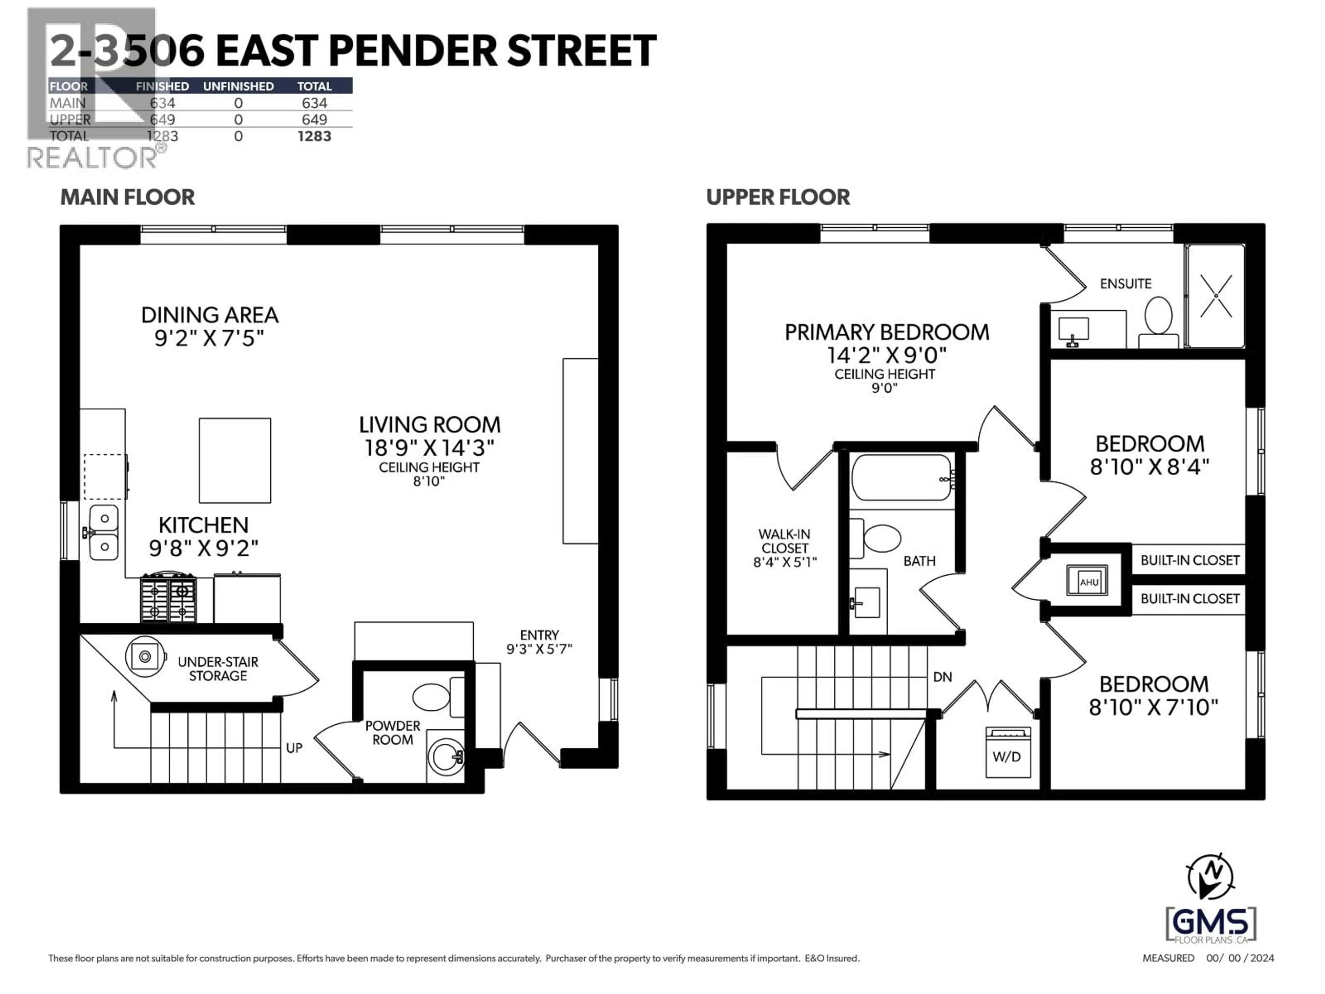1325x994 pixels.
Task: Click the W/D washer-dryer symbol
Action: [x=1009, y=752]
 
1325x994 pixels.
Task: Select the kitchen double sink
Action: [x=104, y=533]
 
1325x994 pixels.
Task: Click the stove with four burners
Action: [x=168, y=598]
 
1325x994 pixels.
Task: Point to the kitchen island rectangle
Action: [x=235, y=460]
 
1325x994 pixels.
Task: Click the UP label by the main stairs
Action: [x=294, y=748]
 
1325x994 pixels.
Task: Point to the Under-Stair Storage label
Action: [x=218, y=669]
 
